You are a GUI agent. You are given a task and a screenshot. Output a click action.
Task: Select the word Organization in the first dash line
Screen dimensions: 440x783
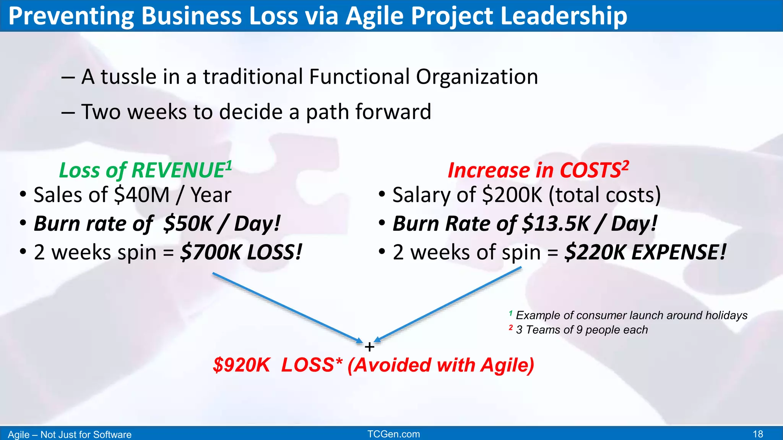pyautogui.click(x=477, y=77)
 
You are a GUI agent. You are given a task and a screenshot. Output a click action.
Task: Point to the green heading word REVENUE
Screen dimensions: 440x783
pyautogui.click(x=178, y=170)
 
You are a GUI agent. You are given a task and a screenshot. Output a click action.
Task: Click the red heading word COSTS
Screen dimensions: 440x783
pyautogui.click(x=590, y=170)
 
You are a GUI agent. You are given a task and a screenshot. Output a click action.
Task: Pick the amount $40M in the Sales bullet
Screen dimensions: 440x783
pyautogui.click(x=141, y=195)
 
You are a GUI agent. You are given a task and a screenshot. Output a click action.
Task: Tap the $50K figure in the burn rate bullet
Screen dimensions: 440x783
pyautogui.click(x=188, y=223)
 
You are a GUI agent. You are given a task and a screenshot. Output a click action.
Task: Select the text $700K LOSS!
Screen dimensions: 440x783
pyautogui.click(x=241, y=252)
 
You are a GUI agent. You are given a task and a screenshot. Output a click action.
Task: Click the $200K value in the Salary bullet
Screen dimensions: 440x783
pyautogui.click(x=512, y=195)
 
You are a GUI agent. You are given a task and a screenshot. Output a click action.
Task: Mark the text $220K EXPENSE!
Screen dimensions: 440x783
pyautogui.click(x=645, y=252)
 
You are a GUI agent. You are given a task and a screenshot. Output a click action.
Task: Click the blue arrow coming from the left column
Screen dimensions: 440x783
pyautogui.click(x=287, y=307)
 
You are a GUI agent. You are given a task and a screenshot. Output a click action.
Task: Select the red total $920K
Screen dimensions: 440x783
pyautogui.click(x=241, y=365)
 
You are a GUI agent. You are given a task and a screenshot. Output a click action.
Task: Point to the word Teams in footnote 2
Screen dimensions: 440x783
pyautogui.click(x=541, y=330)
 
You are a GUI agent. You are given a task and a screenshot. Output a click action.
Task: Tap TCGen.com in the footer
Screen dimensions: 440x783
pyautogui.click(x=393, y=434)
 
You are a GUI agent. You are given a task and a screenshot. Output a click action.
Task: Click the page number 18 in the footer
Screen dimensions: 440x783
pyautogui.click(x=758, y=434)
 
